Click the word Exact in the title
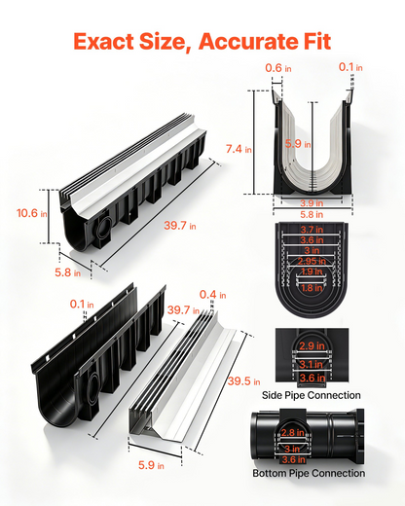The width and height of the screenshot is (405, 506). click(x=104, y=42)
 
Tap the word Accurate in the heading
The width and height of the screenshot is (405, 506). click(x=244, y=42)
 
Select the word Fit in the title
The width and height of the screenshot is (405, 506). click(x=313, y=42)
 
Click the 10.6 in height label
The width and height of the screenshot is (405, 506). click(x=32, y=213)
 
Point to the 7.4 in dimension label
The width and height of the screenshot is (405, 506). click(x=239, y=149)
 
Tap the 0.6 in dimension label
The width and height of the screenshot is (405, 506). click(x=278, y=68)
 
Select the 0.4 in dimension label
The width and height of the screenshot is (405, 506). click(x=212, y=295)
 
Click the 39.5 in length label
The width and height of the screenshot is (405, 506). click(x=243, y=381)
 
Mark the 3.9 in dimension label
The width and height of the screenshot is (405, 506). click(x=312, y=203)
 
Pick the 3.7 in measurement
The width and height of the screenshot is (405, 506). click(x=312, y=230)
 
